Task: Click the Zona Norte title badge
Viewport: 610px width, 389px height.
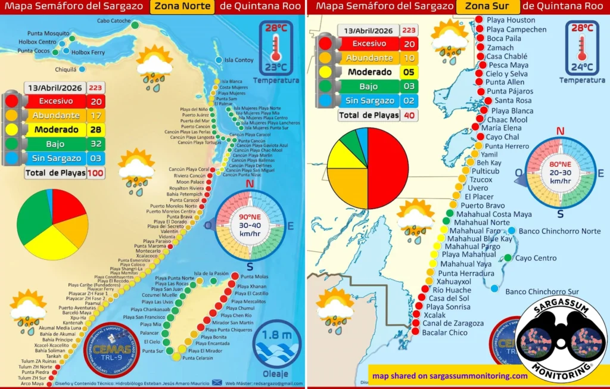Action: [182, 7]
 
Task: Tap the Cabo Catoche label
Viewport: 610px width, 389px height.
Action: [114, 21]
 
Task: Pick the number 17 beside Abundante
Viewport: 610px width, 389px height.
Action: [96, 115]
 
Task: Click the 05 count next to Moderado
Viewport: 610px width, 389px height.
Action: [409, 72]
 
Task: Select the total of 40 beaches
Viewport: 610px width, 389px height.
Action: [409, 116]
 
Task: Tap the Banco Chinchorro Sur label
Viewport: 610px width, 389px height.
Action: [542, 292]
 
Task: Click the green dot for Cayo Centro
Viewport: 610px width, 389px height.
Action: [508, 258]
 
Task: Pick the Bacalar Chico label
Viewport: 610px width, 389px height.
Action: [444, 332]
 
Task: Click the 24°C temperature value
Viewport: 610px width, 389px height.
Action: [581, 67]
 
